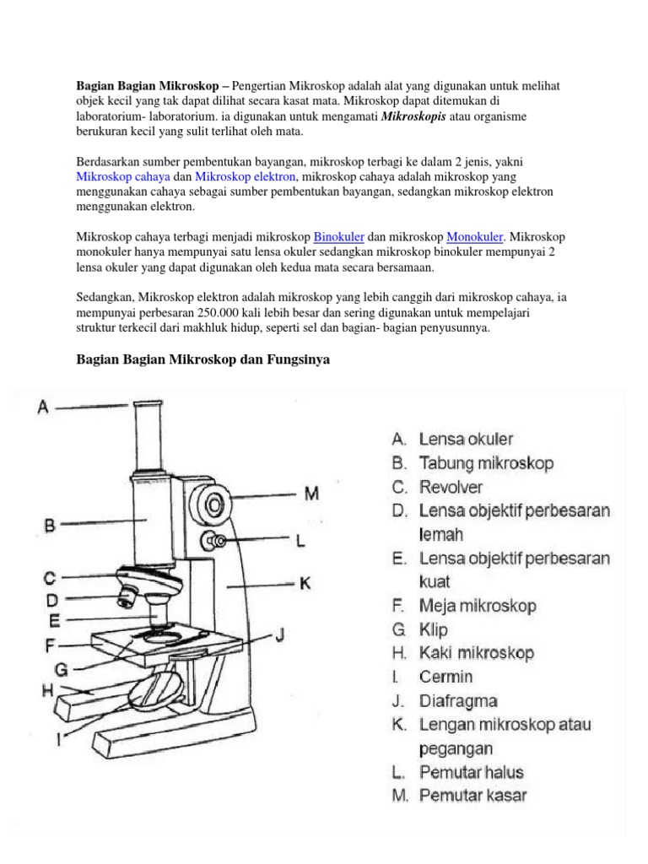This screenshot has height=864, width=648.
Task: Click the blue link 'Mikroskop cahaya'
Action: (123, 177)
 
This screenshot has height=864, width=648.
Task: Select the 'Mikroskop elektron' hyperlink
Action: (246, 177)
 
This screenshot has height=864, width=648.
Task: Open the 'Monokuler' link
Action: (474, 237)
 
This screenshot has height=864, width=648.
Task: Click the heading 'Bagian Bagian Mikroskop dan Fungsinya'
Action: (202, 360)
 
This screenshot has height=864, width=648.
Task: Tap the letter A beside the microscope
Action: (43, 407)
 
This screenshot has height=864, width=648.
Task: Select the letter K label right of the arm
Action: (305, 582)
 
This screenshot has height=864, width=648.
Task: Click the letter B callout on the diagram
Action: (49, 525)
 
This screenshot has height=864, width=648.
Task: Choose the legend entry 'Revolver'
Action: (451, 487)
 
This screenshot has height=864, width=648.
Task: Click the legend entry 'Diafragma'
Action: (458, 700)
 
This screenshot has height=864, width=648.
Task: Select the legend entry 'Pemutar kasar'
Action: (473, 795)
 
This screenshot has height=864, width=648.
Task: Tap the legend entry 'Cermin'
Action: (446, 677)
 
